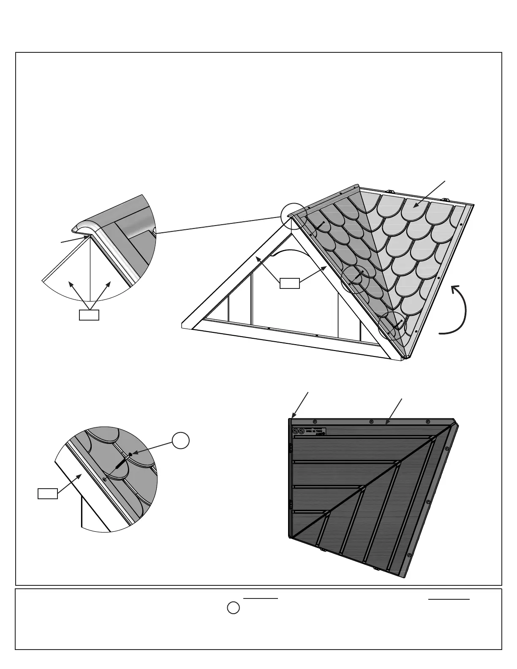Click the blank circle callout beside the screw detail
coord(180,441)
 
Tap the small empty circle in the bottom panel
coord(234,608)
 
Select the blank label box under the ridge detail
coord(89,315)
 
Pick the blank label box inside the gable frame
coord(290,283)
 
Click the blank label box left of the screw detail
coord(48,494)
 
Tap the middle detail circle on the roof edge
coord(355,279)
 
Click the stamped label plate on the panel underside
coord(310,431)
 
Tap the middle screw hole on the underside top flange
coord(371,422)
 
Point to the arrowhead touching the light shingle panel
coord(415,206)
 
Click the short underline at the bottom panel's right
coord(449,599)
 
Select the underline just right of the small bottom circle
coord(261,598)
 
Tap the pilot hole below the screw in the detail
coord(104,479)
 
